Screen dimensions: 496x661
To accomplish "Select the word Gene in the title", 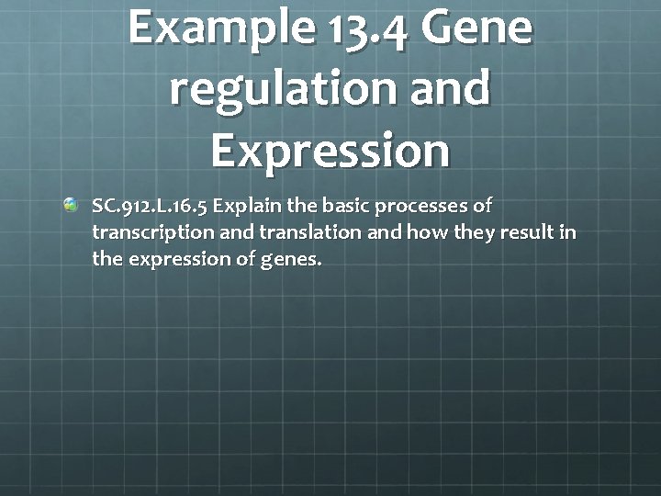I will (476, 28).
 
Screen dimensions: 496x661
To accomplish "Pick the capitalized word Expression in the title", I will (330, 151).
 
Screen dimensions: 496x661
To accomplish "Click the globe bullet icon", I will (72, 206).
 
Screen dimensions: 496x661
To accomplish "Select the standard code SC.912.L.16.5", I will (150, 206).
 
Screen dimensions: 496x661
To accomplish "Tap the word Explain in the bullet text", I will (244, 206).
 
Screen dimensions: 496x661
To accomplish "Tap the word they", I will (475, 232).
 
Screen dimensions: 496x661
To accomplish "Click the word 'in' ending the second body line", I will (568, 232).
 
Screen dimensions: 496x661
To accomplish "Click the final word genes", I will (292, 260).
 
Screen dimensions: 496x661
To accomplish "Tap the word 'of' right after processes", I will (483, 205).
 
